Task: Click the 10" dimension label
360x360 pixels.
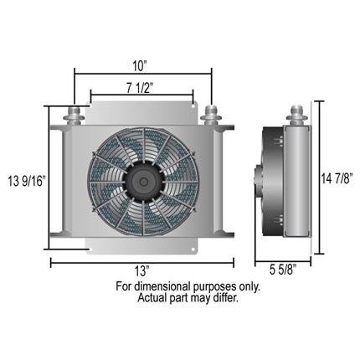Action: (x=140, y=66)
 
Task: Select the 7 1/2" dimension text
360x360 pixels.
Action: (x=141, y=89)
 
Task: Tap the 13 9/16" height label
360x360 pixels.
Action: (x=27, y=182)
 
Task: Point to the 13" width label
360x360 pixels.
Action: (x=142, y=271)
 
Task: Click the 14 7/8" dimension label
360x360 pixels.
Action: (x=337, y=178)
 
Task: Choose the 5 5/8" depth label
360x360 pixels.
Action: (x=283, y=270)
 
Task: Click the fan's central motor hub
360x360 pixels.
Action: (x=143, y=182)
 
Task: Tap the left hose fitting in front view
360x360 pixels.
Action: (x=74, y=115)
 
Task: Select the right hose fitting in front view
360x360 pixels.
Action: (x=211, y=115)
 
